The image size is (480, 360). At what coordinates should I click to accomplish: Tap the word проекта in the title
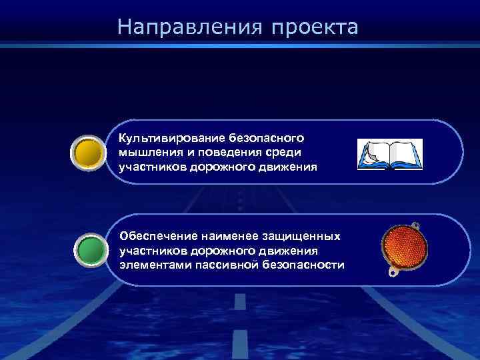[315, 28]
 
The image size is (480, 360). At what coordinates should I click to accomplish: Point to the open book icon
[390, 154]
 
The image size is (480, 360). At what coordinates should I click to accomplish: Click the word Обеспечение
[154, 237]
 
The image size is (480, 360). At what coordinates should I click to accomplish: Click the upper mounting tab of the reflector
[415, 224]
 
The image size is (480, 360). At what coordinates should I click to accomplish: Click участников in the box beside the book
[150, 166]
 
